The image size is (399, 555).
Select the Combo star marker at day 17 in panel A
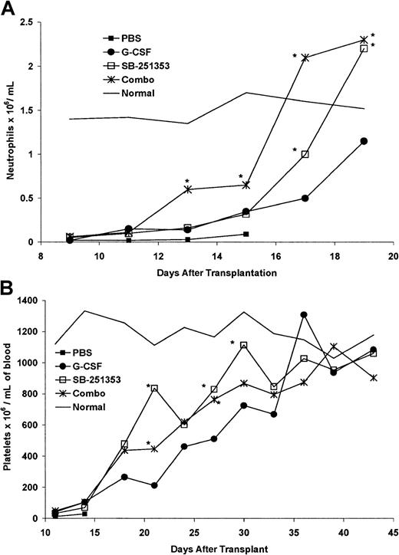point(305,57)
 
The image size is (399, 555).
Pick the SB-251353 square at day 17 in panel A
point(305,154)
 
